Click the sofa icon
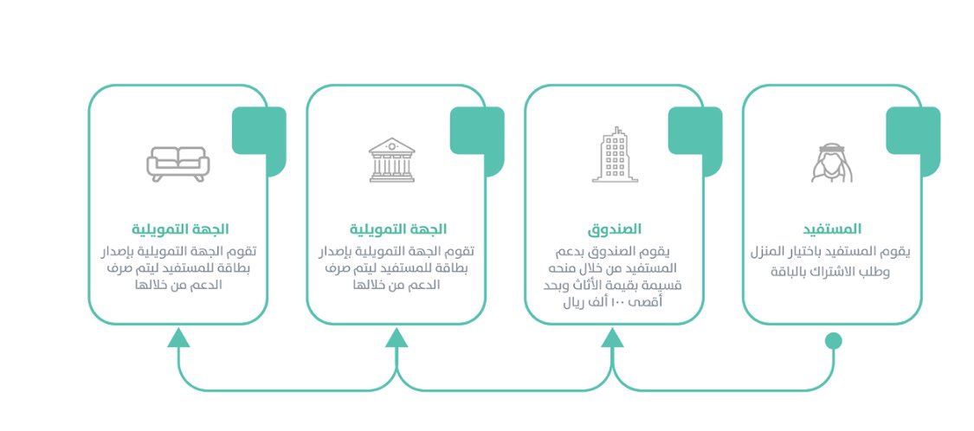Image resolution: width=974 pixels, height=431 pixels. click(177, 163)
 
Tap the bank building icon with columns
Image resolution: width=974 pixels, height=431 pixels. click(391, 160)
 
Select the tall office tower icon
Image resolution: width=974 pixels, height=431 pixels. click(614, 156)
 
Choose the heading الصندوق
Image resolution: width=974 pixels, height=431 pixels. click(614, 229)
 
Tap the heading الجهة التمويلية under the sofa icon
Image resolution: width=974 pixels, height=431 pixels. click(180, 229)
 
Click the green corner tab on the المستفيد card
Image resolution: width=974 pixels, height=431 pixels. click(913, 132)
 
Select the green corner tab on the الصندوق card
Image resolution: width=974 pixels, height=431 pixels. click(694, 132)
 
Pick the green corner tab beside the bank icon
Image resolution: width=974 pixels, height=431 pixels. click(477, 132)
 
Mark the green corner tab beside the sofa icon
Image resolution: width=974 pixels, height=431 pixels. click(259, 132)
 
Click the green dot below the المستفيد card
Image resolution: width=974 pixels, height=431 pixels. click(833, 340)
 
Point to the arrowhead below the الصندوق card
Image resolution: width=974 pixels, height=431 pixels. click(613, 337)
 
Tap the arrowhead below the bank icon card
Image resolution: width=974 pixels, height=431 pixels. click(397, 337)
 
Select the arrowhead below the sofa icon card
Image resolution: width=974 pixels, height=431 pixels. click(178, 337)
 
